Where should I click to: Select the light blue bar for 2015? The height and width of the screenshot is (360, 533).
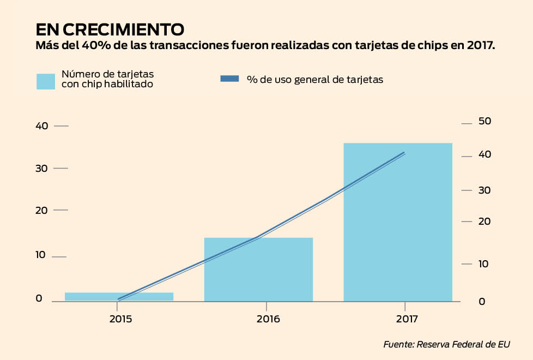pos(119,296)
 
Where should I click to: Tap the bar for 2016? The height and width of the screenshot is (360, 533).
pos(258,269)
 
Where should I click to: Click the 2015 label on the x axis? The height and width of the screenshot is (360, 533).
pos(120,319)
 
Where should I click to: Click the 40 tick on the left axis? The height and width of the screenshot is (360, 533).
pos(42,126)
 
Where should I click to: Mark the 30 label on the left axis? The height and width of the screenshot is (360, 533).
pos(42,168)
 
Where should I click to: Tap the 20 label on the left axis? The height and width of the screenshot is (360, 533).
pos(42,211)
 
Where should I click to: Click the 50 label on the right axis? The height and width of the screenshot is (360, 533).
pos(484,121)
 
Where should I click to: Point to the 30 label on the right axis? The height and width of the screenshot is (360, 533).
pos(484,190)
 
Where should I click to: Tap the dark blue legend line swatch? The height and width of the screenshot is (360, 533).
pos(229,79)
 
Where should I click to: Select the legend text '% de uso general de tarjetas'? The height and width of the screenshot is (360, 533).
pos(314,79)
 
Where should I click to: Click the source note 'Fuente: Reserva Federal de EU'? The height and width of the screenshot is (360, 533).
pos(446,345)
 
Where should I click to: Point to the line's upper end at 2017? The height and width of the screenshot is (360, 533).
pos(404,153)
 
